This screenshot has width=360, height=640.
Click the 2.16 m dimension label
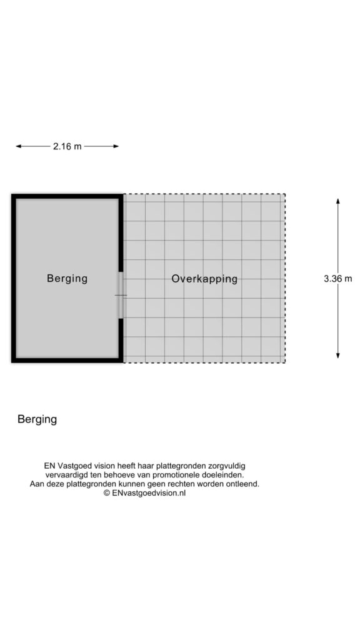click(x=67, y=146)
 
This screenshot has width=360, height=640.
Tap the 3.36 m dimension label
click(x=337, y=279)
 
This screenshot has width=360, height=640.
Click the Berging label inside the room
click(x=67, y=278)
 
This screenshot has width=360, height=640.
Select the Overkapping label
click(x=204, y=279)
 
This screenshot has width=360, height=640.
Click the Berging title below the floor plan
click(x=37, y=419)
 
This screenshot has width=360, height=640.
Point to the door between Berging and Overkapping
click(x=121, y=295)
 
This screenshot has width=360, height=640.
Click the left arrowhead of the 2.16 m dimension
click(x=18, y=146)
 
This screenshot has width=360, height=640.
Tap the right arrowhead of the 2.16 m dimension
click(x=116, y=146)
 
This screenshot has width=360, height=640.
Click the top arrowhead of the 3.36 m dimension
click(x=337, y=201)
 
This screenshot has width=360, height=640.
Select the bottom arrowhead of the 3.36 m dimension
click(x=337, y=356)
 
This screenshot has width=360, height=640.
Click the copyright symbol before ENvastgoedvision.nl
click(x=106, y=493)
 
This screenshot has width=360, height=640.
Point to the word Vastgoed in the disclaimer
click(x=76, y=466)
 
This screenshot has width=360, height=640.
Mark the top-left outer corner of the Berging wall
click(x=12, y=195)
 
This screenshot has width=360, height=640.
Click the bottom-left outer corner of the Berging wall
click(x=12, y=362)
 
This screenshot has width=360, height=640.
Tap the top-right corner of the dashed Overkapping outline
click(x=285, y=194)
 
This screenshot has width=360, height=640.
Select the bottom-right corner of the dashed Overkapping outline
click(x=285, y=362)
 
